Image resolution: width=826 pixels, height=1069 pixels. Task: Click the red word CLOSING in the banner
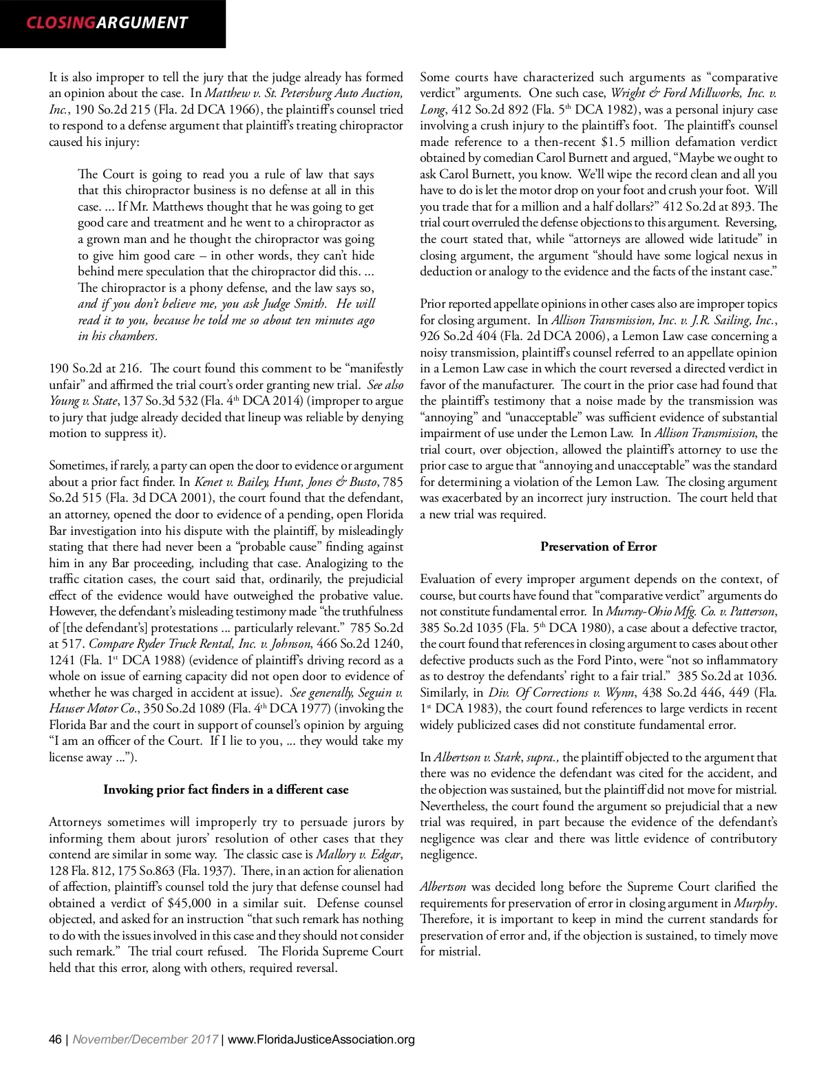click(61, 23)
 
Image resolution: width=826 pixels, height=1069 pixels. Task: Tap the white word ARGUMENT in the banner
click(142, 23)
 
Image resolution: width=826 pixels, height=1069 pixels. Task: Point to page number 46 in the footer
click(55, 1039)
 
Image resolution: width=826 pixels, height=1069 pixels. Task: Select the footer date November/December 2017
click(145, 1039)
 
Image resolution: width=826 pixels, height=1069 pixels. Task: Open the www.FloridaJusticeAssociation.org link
click(321, 1039)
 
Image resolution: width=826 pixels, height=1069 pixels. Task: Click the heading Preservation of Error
click(598, 547)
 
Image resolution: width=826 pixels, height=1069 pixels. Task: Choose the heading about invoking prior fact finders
click(226, 790)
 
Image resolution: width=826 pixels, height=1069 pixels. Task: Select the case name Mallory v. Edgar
click(358, 854)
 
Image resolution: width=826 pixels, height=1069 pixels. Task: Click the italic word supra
click(542, 757)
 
